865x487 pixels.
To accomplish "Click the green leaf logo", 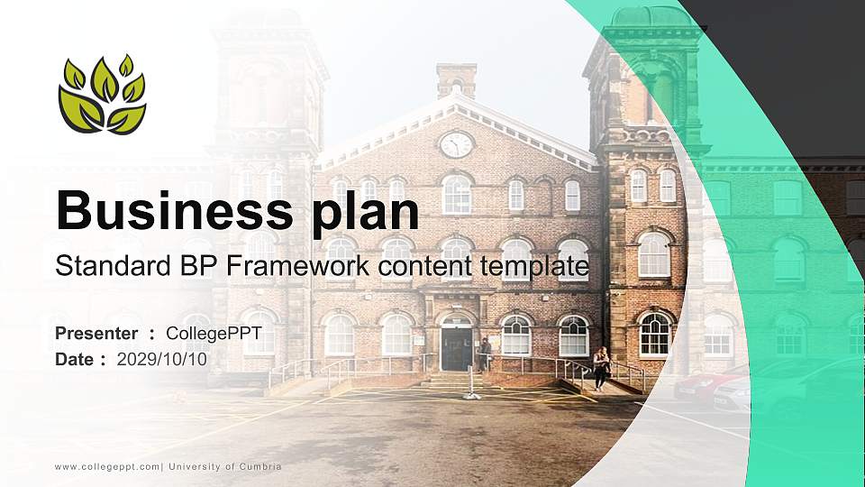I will coord(102,95).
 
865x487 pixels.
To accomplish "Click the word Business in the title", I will coord(172,211).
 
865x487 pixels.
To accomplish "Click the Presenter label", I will coord(96,334).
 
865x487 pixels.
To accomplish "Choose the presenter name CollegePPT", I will coord(209,334).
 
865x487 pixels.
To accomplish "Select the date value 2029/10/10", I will coord(162,359).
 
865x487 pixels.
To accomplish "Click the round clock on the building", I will coord(456,144).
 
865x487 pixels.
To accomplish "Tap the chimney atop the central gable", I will coord(456,79).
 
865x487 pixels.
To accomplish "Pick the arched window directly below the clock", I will coord(457,194).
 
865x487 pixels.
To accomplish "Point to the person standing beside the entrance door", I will coord(487,353).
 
